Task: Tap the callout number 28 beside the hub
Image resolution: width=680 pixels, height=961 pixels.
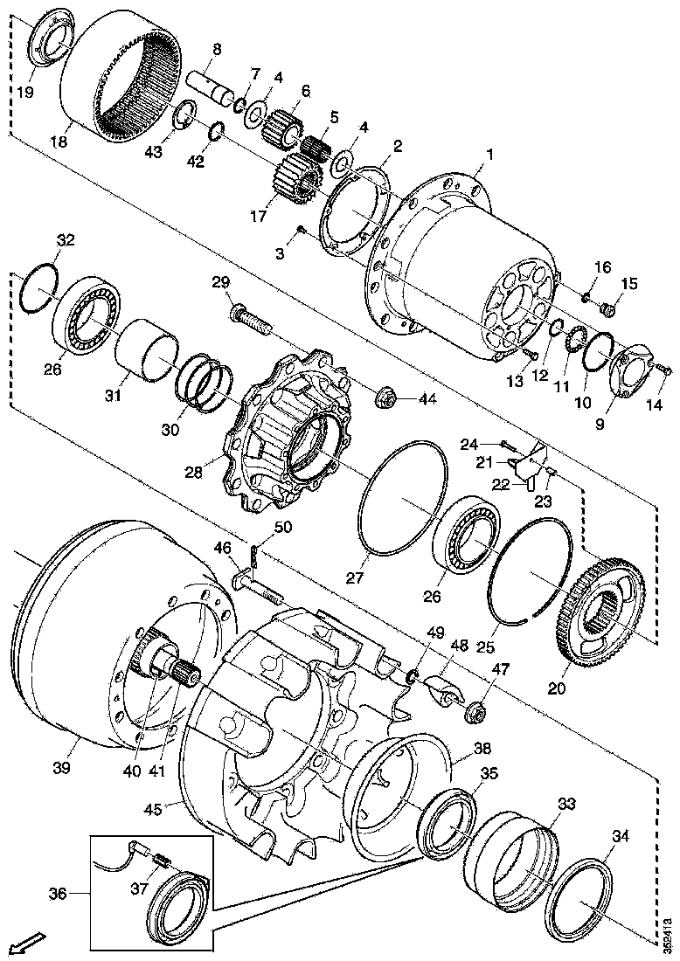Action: point(193,472)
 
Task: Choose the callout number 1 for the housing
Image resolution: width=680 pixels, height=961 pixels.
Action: point(490,155)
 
